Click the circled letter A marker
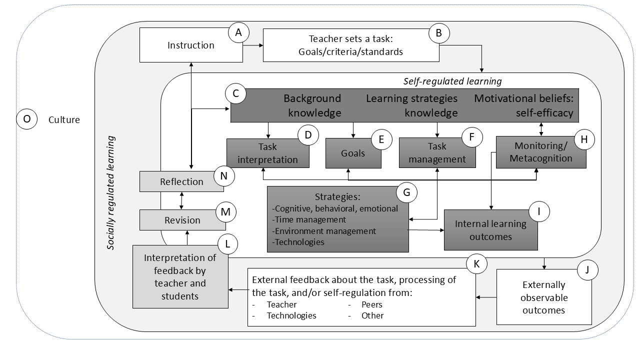click(x=238, y=32)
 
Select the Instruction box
click(x=190, y=45)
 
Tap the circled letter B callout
click(x=439, y=33)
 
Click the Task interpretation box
click(x=267, y=153)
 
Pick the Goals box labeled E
click(x=353, y=153)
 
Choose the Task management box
click(x=437, y=153)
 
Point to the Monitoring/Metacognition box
click(x=536, y=152)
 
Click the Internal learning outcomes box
click(x=490, y=230)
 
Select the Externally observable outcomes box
click(x=543, y=297)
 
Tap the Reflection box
click(x=181, y=181)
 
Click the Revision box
click(x=182, y=220)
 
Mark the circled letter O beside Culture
click(x=27, y=119)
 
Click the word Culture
click(x=64, y=119)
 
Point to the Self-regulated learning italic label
click(x=452, y=80)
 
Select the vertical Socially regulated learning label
click(x=111, y=192)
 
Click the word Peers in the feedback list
click(x=372, y=304)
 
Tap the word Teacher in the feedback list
click(x=281, y=304)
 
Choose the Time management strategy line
click(x=308, y=219)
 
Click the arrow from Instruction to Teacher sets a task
click(x=253, y=45)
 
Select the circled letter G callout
click(x=406, y=192)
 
